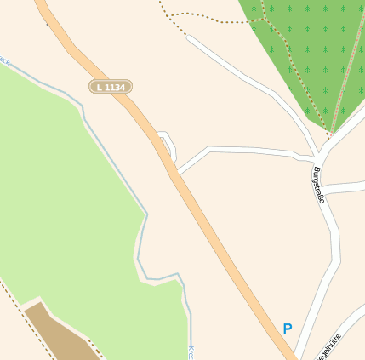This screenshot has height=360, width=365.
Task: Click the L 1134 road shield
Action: (111, 86)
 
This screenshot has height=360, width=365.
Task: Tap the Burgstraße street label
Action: (319, 185)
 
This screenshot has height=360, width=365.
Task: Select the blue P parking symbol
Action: (288, 329)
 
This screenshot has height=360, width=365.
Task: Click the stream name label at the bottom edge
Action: (191, 351)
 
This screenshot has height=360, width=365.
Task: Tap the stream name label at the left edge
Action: (4, 62)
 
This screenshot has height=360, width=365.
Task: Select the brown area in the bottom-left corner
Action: (60, 336)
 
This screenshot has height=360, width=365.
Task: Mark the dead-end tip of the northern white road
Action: (189, 37)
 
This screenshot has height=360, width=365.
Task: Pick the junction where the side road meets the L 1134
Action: (177, 173)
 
